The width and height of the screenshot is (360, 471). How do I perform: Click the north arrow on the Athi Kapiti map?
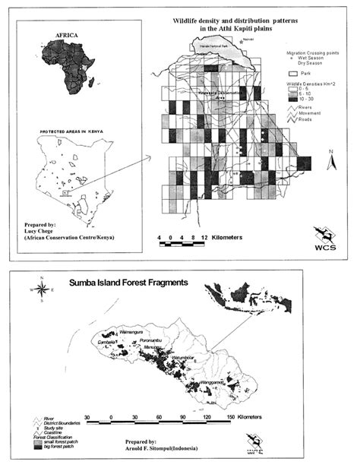(x=332, y=160)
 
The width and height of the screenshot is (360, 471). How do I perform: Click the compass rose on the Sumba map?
(x=43, y=289)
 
